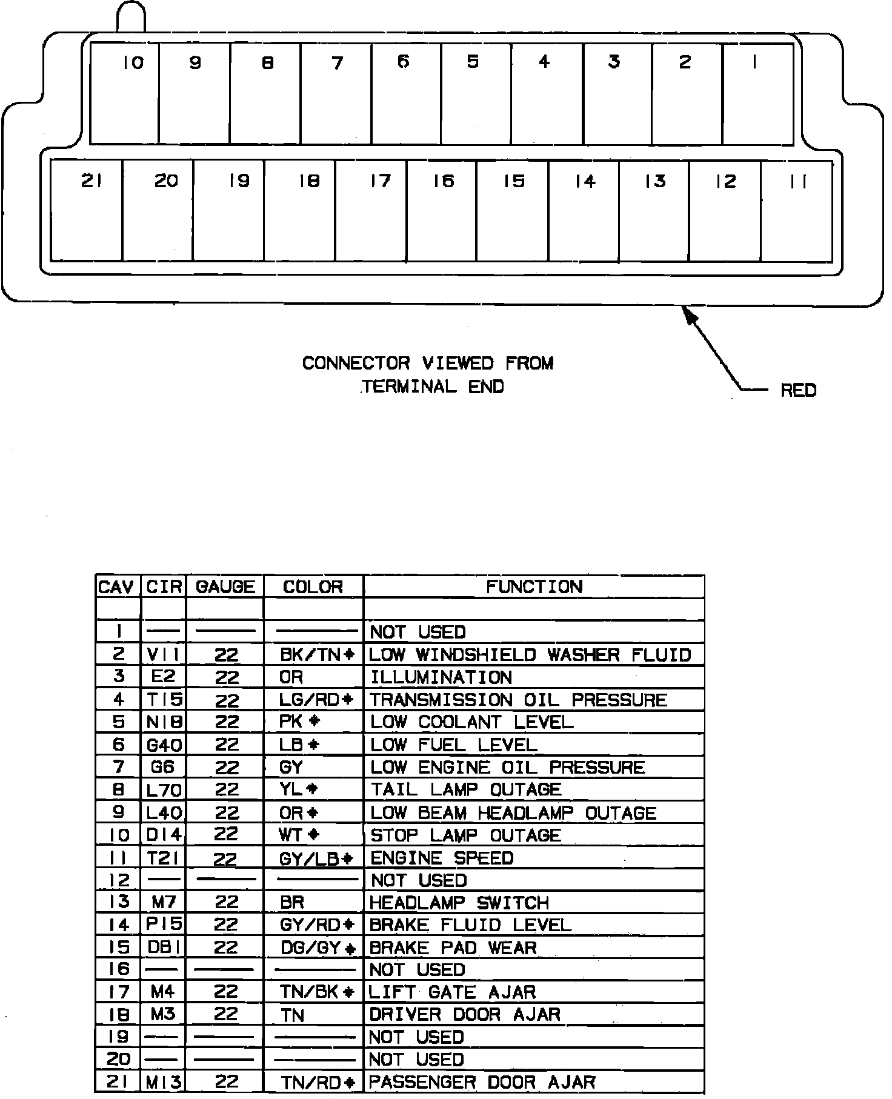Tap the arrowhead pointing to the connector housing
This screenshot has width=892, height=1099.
(690, 316)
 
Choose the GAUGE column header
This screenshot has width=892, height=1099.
(225, 586)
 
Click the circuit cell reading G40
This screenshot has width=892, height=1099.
(164, 745)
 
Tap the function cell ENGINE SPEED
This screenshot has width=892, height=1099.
(442, 858)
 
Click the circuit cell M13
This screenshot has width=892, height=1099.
(164, 1082)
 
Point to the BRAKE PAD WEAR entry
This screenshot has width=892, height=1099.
(453, 948)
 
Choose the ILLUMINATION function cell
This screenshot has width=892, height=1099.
(441, 677)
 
